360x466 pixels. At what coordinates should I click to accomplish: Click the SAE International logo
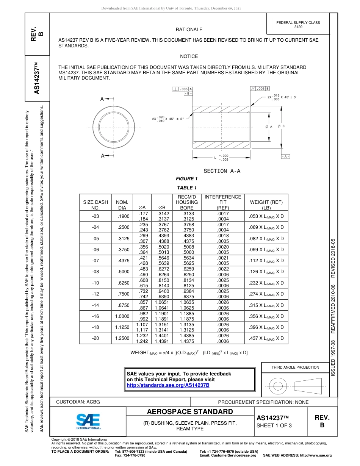(x=88, y=421)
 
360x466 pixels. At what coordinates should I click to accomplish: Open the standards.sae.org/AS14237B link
(x=168, y=385)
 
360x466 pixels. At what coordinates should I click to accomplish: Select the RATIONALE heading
(x=189, y=30)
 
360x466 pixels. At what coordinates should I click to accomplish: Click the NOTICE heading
(x=189, y=56)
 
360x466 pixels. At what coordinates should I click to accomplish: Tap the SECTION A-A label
(x=222, y=171)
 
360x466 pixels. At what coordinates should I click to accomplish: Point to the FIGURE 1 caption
(x=187, y=179)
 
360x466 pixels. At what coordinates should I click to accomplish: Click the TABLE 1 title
(x=187, y=188)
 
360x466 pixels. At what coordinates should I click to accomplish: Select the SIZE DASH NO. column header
(x=95, y=205)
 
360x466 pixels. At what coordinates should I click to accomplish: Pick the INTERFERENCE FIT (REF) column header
(x=222, y=202)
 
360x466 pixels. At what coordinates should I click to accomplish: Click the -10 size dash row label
(x=95, y=283)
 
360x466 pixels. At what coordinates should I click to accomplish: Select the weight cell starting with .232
(x=266, y=283)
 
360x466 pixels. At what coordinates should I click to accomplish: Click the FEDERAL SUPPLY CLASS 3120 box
(x=298, y=25)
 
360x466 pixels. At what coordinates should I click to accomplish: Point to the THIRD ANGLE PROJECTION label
(x=295, y=367)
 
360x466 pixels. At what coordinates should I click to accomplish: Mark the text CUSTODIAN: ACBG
(x=78, y=402)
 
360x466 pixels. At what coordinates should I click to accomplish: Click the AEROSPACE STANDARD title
(x=189, y=412)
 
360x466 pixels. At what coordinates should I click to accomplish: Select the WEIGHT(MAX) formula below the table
(x=189, y=353)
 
